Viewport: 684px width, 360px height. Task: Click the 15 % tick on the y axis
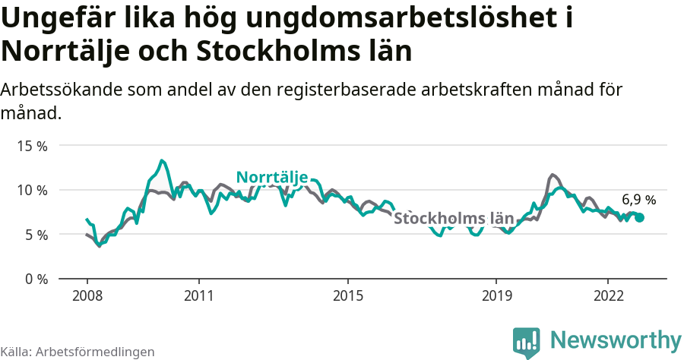click(x=31, y=145)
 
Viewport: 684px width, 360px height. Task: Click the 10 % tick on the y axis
click(x=31, y=190)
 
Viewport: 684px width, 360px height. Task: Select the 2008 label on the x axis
click(x=87, y=295)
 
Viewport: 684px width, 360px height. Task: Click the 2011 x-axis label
click(x=198, y=295)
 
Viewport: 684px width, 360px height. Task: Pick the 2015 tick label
click(x=347, y=295)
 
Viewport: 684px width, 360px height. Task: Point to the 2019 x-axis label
click(x=496, y=295)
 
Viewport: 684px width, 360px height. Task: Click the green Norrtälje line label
click(x=271, y=177)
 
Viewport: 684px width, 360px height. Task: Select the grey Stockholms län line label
click(x=454, y=219)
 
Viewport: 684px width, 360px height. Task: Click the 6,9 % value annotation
click(x=638, y=200)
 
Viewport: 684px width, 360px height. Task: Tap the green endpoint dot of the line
click(x=639, y=217)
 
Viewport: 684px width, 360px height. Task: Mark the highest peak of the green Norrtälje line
click(x=162, y=160)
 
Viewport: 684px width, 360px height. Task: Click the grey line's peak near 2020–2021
click(x=553, y=175)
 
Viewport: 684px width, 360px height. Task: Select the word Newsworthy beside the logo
click(x=616, y=339)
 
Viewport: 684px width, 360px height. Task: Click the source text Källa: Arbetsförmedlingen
click(x=78, y=352)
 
